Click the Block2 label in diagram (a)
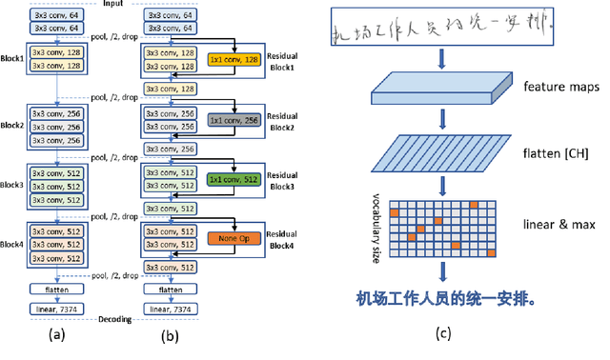11,124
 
